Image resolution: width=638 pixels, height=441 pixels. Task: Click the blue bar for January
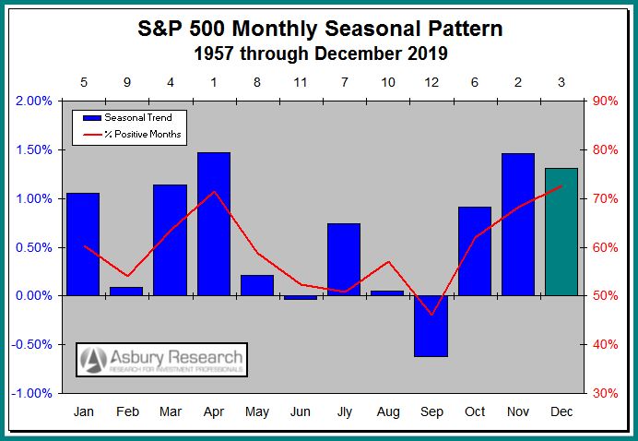click(x=83, y=244)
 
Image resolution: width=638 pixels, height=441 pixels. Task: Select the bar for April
click(x=213, y=224)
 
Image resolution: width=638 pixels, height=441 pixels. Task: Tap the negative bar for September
click(x=431, y=326)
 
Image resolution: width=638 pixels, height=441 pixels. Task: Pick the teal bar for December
click(x=561, y=232)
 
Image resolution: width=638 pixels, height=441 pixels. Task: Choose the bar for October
click(x=474, y=251)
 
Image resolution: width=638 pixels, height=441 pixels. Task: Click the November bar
click(x=517, y=224)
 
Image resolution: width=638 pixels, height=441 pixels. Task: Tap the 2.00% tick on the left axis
click(x=36, y=101)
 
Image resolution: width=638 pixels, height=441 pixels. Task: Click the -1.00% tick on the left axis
click(x=34, y=393)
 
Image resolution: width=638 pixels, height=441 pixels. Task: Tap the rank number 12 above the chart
click(x=431, y=81)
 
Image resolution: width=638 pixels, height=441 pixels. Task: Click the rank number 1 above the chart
click(x=213, y=81)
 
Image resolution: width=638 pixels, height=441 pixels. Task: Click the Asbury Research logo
click(x=162, y=360)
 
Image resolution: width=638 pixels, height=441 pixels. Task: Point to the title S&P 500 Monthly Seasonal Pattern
click(x=320, y=29)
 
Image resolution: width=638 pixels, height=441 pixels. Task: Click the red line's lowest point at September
click(x=431, y=315)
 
